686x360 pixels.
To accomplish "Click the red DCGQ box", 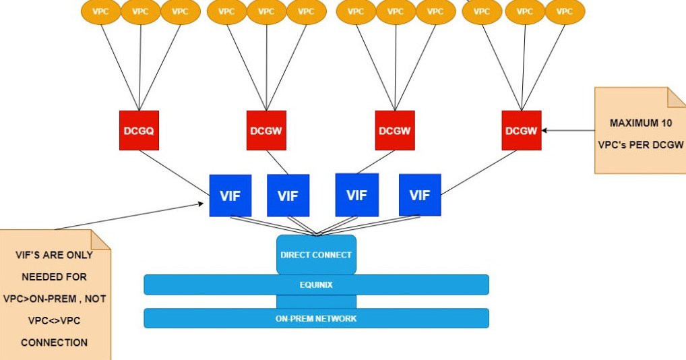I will (x=139, y=130).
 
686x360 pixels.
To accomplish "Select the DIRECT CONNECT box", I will (x=316, y=255).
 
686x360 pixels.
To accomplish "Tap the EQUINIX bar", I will (x=316, y=284).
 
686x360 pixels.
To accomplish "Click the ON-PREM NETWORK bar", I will (x=316, y=318).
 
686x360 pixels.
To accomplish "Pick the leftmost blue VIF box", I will (x=230, y=196).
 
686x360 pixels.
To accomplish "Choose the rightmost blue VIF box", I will (x=420, y=195).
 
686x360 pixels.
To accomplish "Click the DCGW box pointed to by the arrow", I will (x=522, y=130).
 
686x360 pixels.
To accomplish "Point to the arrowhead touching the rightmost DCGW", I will (x=545, y=131).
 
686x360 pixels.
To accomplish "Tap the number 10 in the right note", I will (x=670, y=123).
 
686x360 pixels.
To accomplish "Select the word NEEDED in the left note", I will (x=54, y=276).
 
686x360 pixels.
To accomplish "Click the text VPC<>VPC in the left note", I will (x=54, y=320).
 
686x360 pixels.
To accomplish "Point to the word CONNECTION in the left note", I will (x=54, y=342).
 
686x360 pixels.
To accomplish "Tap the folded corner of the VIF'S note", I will (x=101, y=239).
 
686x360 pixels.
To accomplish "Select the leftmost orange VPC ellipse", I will (x=100, y=11).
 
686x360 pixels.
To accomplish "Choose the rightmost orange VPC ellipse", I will (x=564, y=11).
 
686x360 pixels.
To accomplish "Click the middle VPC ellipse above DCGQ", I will (x=140, y=11).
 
